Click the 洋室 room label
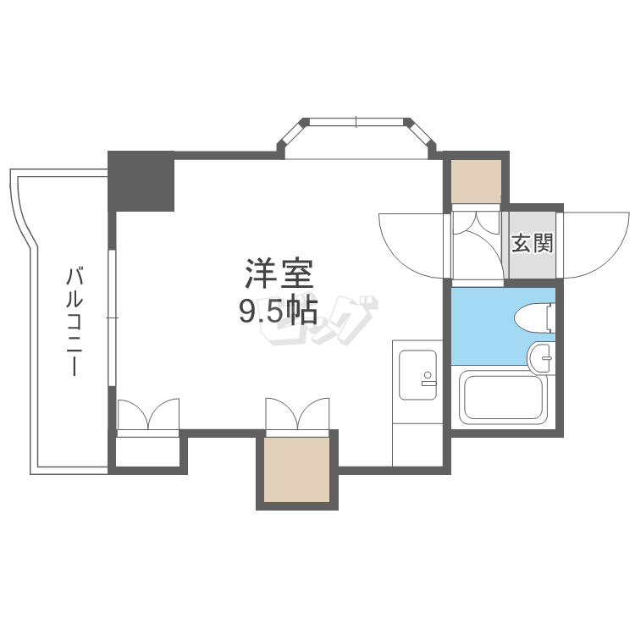click(x=279, y=275)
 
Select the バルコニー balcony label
click(x=75, y=322)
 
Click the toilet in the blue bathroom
click(x=534, y=317)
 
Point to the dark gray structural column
click(x=141, y=180)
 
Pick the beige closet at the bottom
click(x=296, y=469)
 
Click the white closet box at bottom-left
click(x=147, y=450)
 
